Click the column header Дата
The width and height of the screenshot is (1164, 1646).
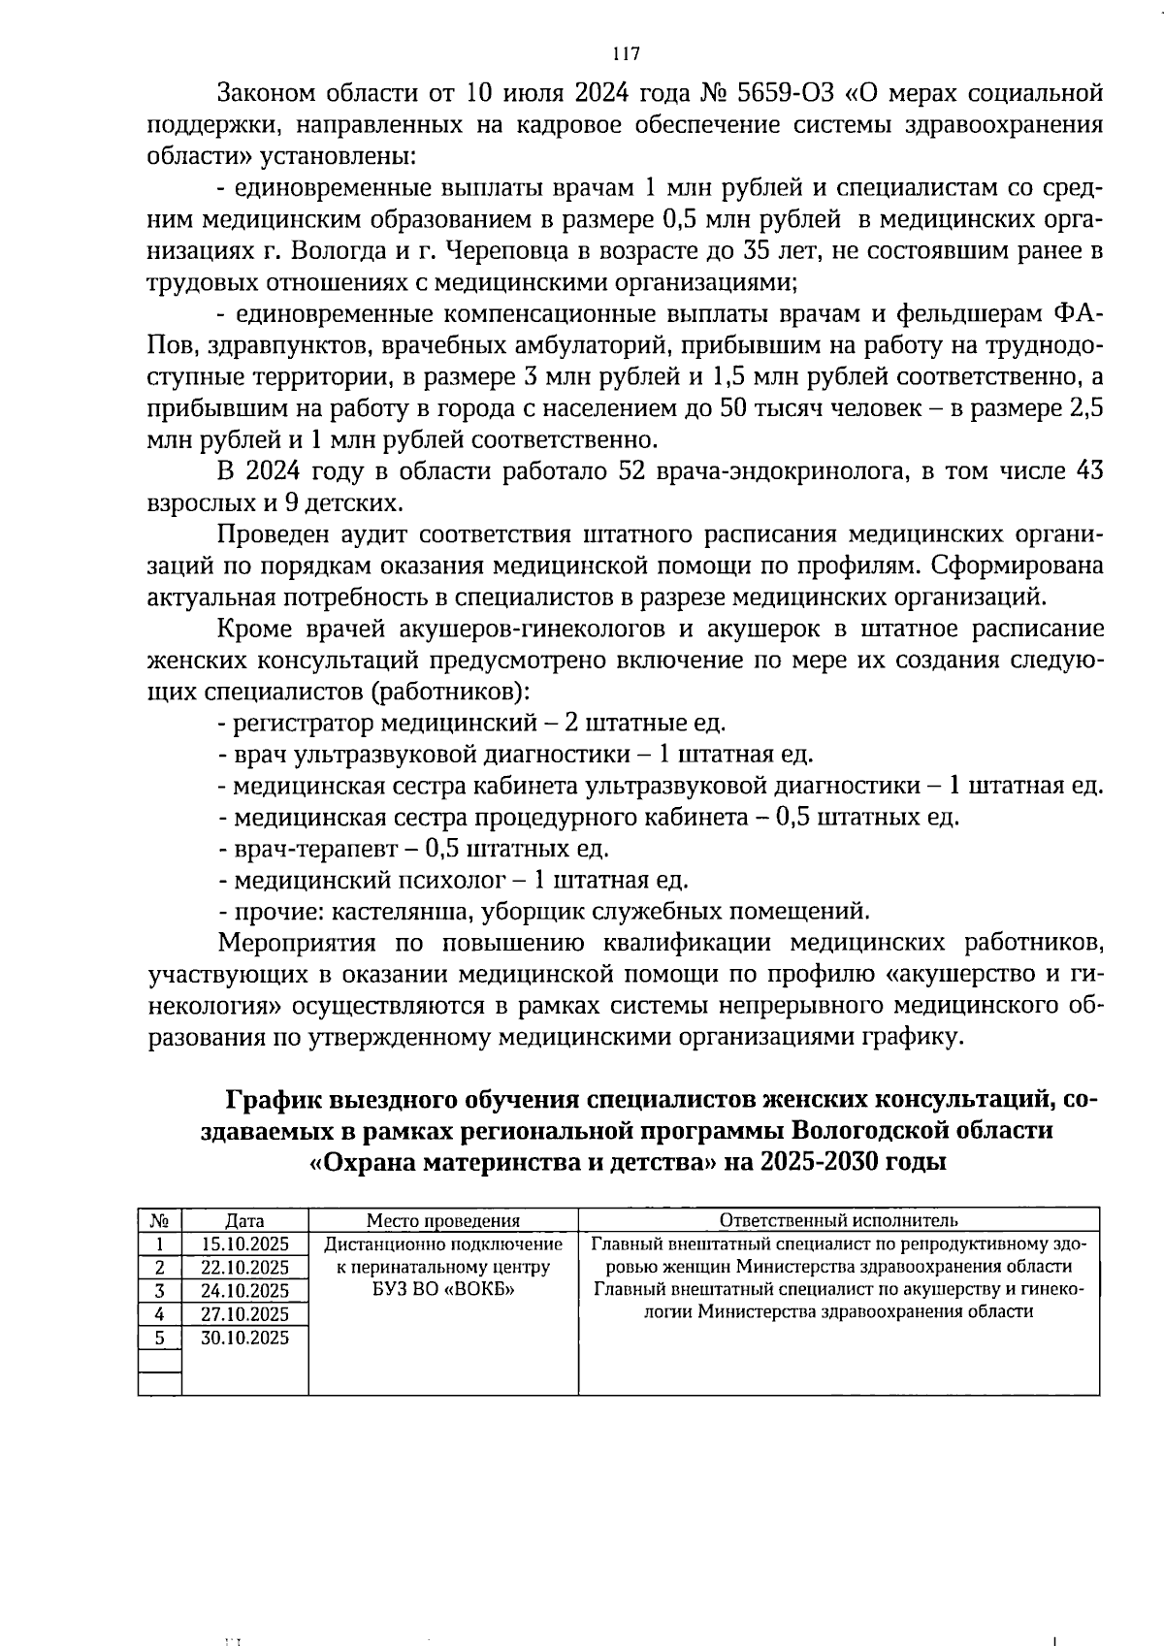[x=244, y=1221]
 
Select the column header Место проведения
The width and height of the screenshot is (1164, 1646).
[x=442, y=1221]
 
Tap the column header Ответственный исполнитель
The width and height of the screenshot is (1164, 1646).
[x=838, y=1220]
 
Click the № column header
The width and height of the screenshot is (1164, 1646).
[x=160, y=1221]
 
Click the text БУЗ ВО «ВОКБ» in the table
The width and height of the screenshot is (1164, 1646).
[x=442, y=1290]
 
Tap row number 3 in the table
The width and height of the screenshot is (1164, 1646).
[x=160, y=1291]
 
